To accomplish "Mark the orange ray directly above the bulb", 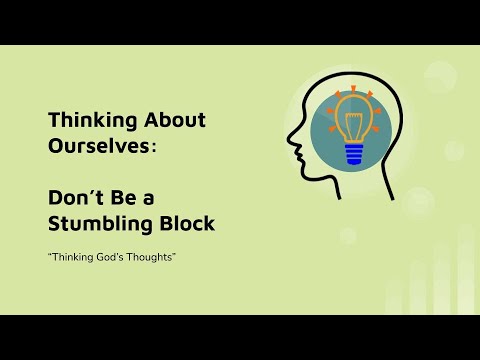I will [x=352, y=89].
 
